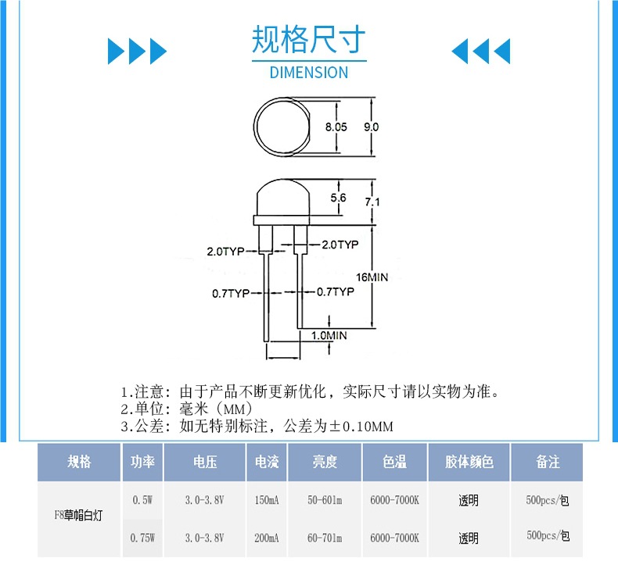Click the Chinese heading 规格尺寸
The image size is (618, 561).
pos(308,38)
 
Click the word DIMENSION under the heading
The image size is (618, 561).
pos(308,73)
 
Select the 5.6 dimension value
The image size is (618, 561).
pos(339,198)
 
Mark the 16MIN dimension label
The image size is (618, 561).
pos(372,277)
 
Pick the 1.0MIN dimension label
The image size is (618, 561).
pos(329,335)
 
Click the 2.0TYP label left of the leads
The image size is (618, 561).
pos(225,252)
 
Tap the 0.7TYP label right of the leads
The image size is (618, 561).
pos(335,292)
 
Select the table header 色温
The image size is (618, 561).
pos(394,462)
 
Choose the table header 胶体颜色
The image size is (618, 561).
pos(469,462)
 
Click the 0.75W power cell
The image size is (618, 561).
pos(143,538)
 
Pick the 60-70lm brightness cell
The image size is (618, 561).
pos(324,538)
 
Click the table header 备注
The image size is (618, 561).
pos(548,462)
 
